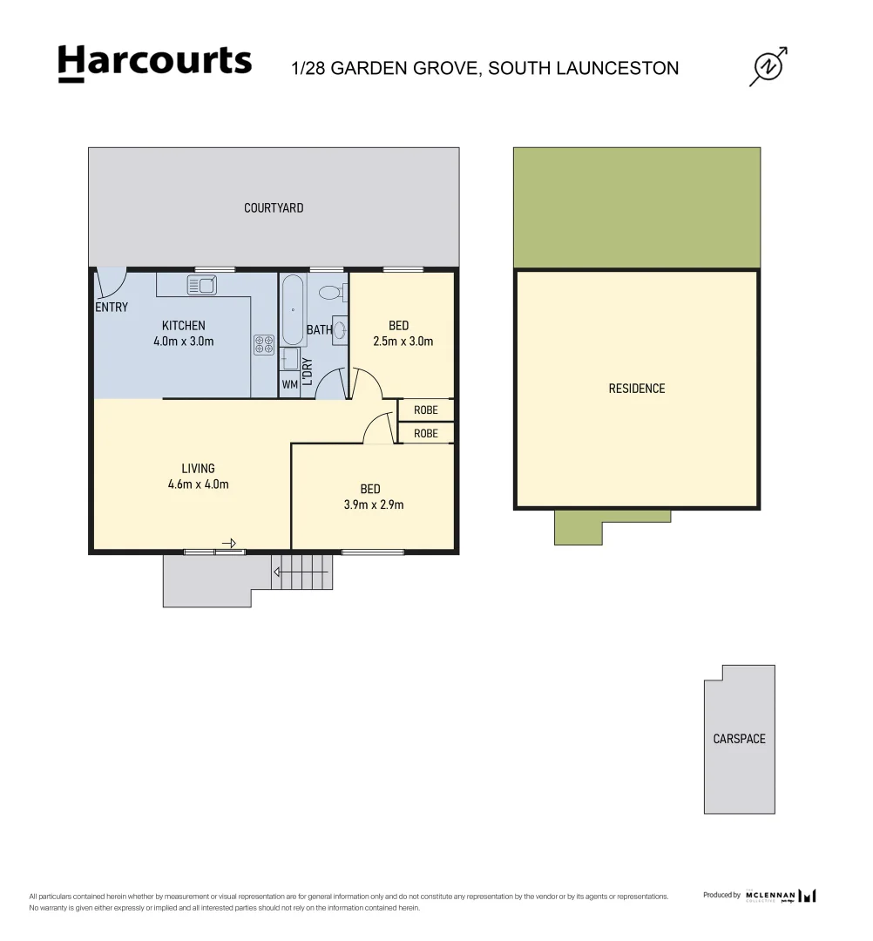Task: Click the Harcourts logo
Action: pyautogui.click(x=154, y=64)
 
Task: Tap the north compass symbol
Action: pyautogui.click(x=768, y=67)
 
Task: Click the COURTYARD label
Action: pyautogui.click(x=274, y=208)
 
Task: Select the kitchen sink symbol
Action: pyautogui.click(x=201, y=284)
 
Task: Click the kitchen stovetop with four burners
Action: pyautogui.click(x=263, y=344)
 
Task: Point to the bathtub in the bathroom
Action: pyautogui.click(x=292, y=311)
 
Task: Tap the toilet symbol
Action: pyautogui.click(x=333, y=292)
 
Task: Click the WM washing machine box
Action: pyautogui.click(x=290, y=384)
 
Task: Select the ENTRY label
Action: pyautogui.click(x=112, y=308)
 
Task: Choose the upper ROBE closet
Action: pyautogui.click(x=426, y=410)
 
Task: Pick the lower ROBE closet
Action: pyautogui.click(x=426, y=433)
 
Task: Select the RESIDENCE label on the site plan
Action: pyautogui.click(x=636, y=389)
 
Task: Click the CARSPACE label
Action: pyautogui.click(x=739, y=739)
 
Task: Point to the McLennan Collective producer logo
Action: pyautogui.click(x=780, y=896)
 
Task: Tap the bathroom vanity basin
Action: pyautogui.click(x=339, y=329)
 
